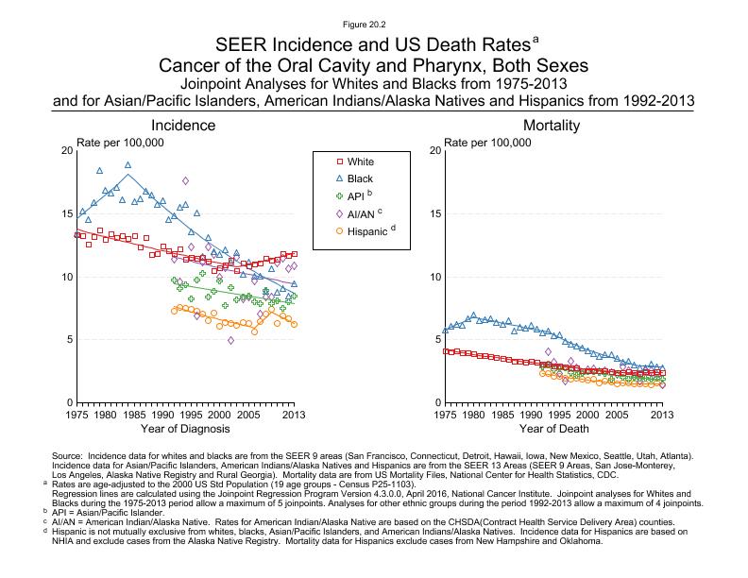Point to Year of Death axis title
(552, 430)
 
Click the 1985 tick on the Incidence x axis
(133, 414)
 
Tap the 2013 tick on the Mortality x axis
(662, 414)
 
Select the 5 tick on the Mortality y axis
(432, 339)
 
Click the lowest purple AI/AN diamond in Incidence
(231, 340)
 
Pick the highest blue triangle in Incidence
(128, 164)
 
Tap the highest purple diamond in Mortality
(549, 351)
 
